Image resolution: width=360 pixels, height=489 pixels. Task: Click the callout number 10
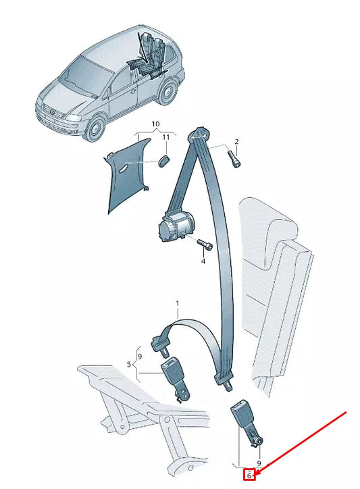tap(155, 124)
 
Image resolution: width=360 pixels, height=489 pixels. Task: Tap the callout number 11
tap(165, 137)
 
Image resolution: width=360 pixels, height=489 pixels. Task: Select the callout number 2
tap(236, 142)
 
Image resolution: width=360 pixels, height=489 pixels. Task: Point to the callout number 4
tap(203, 261)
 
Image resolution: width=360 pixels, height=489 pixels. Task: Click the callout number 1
tap(178, 303)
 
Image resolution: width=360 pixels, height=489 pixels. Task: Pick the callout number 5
tap(129, 363)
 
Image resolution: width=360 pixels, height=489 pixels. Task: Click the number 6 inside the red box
tap(249, 476)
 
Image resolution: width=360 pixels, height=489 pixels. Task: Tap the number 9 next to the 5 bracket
tap(139, 356)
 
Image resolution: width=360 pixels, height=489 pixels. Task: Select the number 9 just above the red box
tap(259, 464)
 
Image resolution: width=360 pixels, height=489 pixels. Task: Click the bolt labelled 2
tap(234, 159)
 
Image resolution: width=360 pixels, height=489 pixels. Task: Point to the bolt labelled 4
tap(205, 244)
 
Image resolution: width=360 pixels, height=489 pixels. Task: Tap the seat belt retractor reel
tap(176, 226)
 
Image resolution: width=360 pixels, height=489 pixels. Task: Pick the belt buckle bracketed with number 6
tap(247, 423)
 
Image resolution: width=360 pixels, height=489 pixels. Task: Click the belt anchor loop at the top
tap(199, 133)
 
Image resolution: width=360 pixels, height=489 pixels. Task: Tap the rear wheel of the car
tap(168, 92)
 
